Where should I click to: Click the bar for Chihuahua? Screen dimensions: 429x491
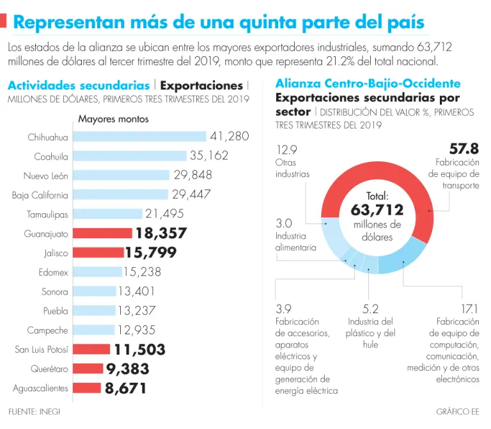click(139, 136)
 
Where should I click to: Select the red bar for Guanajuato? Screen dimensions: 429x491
click(102, 234)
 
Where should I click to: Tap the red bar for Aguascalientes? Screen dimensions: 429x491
click(87, 388)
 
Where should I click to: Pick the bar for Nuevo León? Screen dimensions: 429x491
click(121, 175)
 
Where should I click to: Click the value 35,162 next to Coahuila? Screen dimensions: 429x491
click(208, 156)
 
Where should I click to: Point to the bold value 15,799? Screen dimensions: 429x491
click(151, 253)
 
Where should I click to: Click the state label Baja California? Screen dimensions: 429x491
click(40, 195)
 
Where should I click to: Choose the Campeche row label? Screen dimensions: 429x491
click(47, 330)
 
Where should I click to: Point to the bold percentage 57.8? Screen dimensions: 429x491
click(464, 149)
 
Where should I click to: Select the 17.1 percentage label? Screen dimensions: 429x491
click(469, 309)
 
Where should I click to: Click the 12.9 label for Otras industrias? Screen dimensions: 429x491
click(286, 150)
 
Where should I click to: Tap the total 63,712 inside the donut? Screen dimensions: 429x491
click(377, 210)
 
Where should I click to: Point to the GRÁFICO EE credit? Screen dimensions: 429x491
click(457, 411)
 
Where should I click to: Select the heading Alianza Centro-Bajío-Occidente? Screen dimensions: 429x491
click(368, 84)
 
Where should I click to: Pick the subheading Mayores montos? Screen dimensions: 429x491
click(113, 118)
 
